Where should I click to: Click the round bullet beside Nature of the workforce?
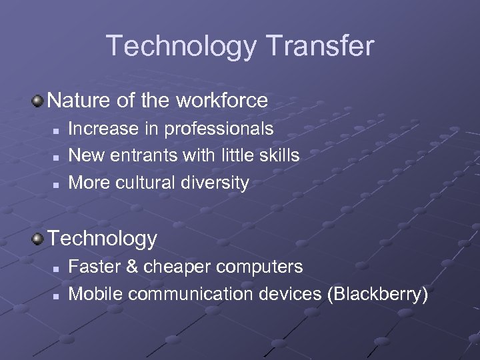coord(39,101)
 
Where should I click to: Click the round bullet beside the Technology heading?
coord(39,238)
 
